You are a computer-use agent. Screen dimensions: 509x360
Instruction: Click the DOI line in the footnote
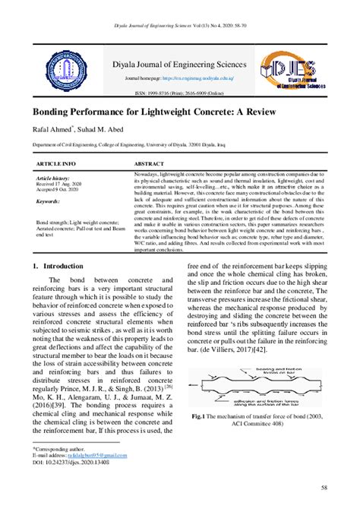66,461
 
